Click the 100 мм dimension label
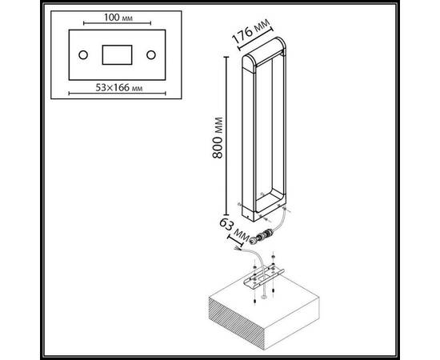(118, 18)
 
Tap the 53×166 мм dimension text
(119, 88)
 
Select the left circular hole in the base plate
(83, 55)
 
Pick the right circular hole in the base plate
(151, 55)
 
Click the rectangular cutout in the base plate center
(117, 54)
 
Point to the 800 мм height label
(218, 138)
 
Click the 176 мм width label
(251, 30)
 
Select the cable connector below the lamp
(263, 235)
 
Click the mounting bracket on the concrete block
(264, 276)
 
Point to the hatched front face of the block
(237, 323)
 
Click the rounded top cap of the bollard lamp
(264, 53)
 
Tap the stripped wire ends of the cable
(238, 249)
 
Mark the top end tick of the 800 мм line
(226, 57)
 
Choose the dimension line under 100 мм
(118, 23)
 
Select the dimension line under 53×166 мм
(118, 93)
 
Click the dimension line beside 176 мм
(256, 39)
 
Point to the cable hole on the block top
(264, 296)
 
